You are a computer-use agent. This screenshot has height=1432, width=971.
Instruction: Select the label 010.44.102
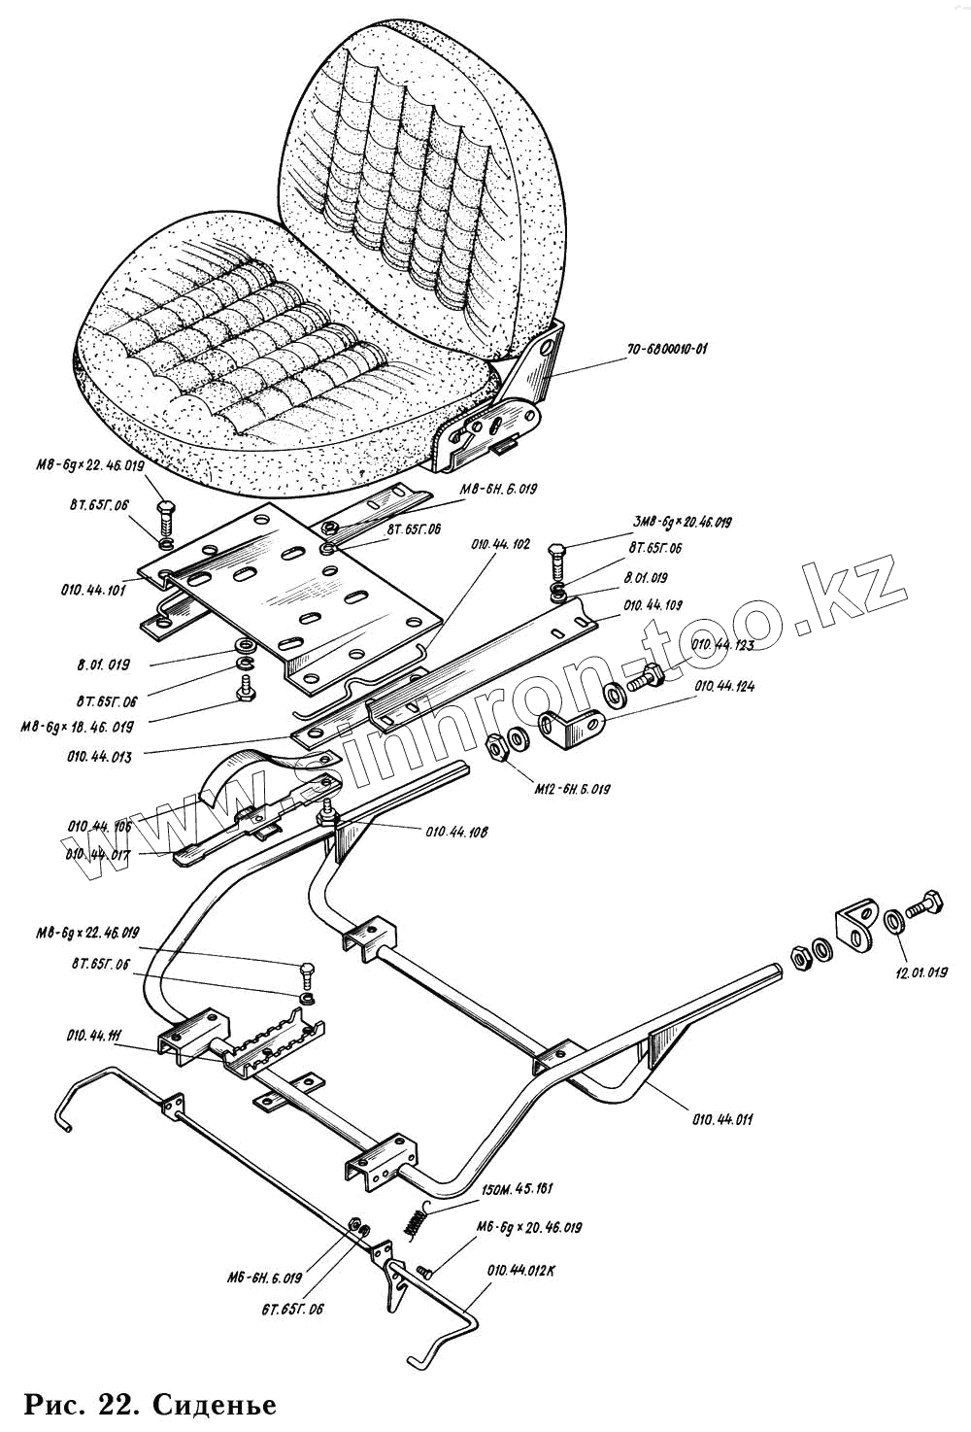[x=501, y=545]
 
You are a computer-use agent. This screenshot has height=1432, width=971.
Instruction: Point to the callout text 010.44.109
[x=653, y=604]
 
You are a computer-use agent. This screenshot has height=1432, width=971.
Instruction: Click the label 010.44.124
[x=724, y=686]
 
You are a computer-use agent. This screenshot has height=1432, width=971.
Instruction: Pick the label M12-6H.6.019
[x=573, y=789]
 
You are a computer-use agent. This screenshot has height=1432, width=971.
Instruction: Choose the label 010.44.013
[x=99, y=756]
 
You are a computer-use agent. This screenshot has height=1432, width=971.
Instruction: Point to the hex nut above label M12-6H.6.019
[x=495, y=748]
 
